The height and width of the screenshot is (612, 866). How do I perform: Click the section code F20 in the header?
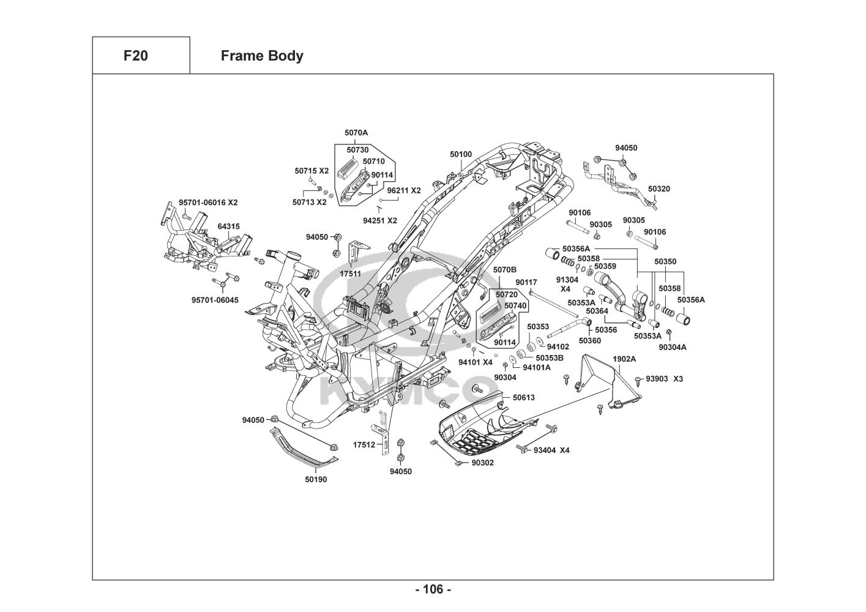click(x=135, y=56)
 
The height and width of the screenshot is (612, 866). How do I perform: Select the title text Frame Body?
click(x=262, y=56)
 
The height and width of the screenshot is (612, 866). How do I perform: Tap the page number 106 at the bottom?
click(x=433, y=589)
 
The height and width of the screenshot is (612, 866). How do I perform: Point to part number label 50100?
click(x=461, y=154)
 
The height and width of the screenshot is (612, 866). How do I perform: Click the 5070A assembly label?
click(x=356, y=132)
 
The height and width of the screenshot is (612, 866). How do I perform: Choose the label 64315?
click(x=228, y=226)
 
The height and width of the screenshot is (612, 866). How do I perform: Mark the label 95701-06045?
click(x=215, y=300)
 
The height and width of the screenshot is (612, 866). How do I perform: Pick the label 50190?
click(x=316, y=479)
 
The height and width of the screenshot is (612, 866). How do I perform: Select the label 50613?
click(x=523, y=397)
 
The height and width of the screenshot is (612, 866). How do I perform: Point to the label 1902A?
click(x=624, y=359)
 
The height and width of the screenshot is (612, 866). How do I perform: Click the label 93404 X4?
click(x=551, y=450)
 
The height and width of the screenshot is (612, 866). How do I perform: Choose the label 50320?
click(x=659, y=189)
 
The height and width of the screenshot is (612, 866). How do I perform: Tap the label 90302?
click(x=482, y=463)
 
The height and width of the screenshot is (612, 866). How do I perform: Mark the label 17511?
click(x=351, y=274)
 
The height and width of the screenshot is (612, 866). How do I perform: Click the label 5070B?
click(x=505, y=269)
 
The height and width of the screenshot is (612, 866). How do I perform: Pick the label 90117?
click(x=526, y=282)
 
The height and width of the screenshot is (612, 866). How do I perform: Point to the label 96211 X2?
click(x=404, y=190)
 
